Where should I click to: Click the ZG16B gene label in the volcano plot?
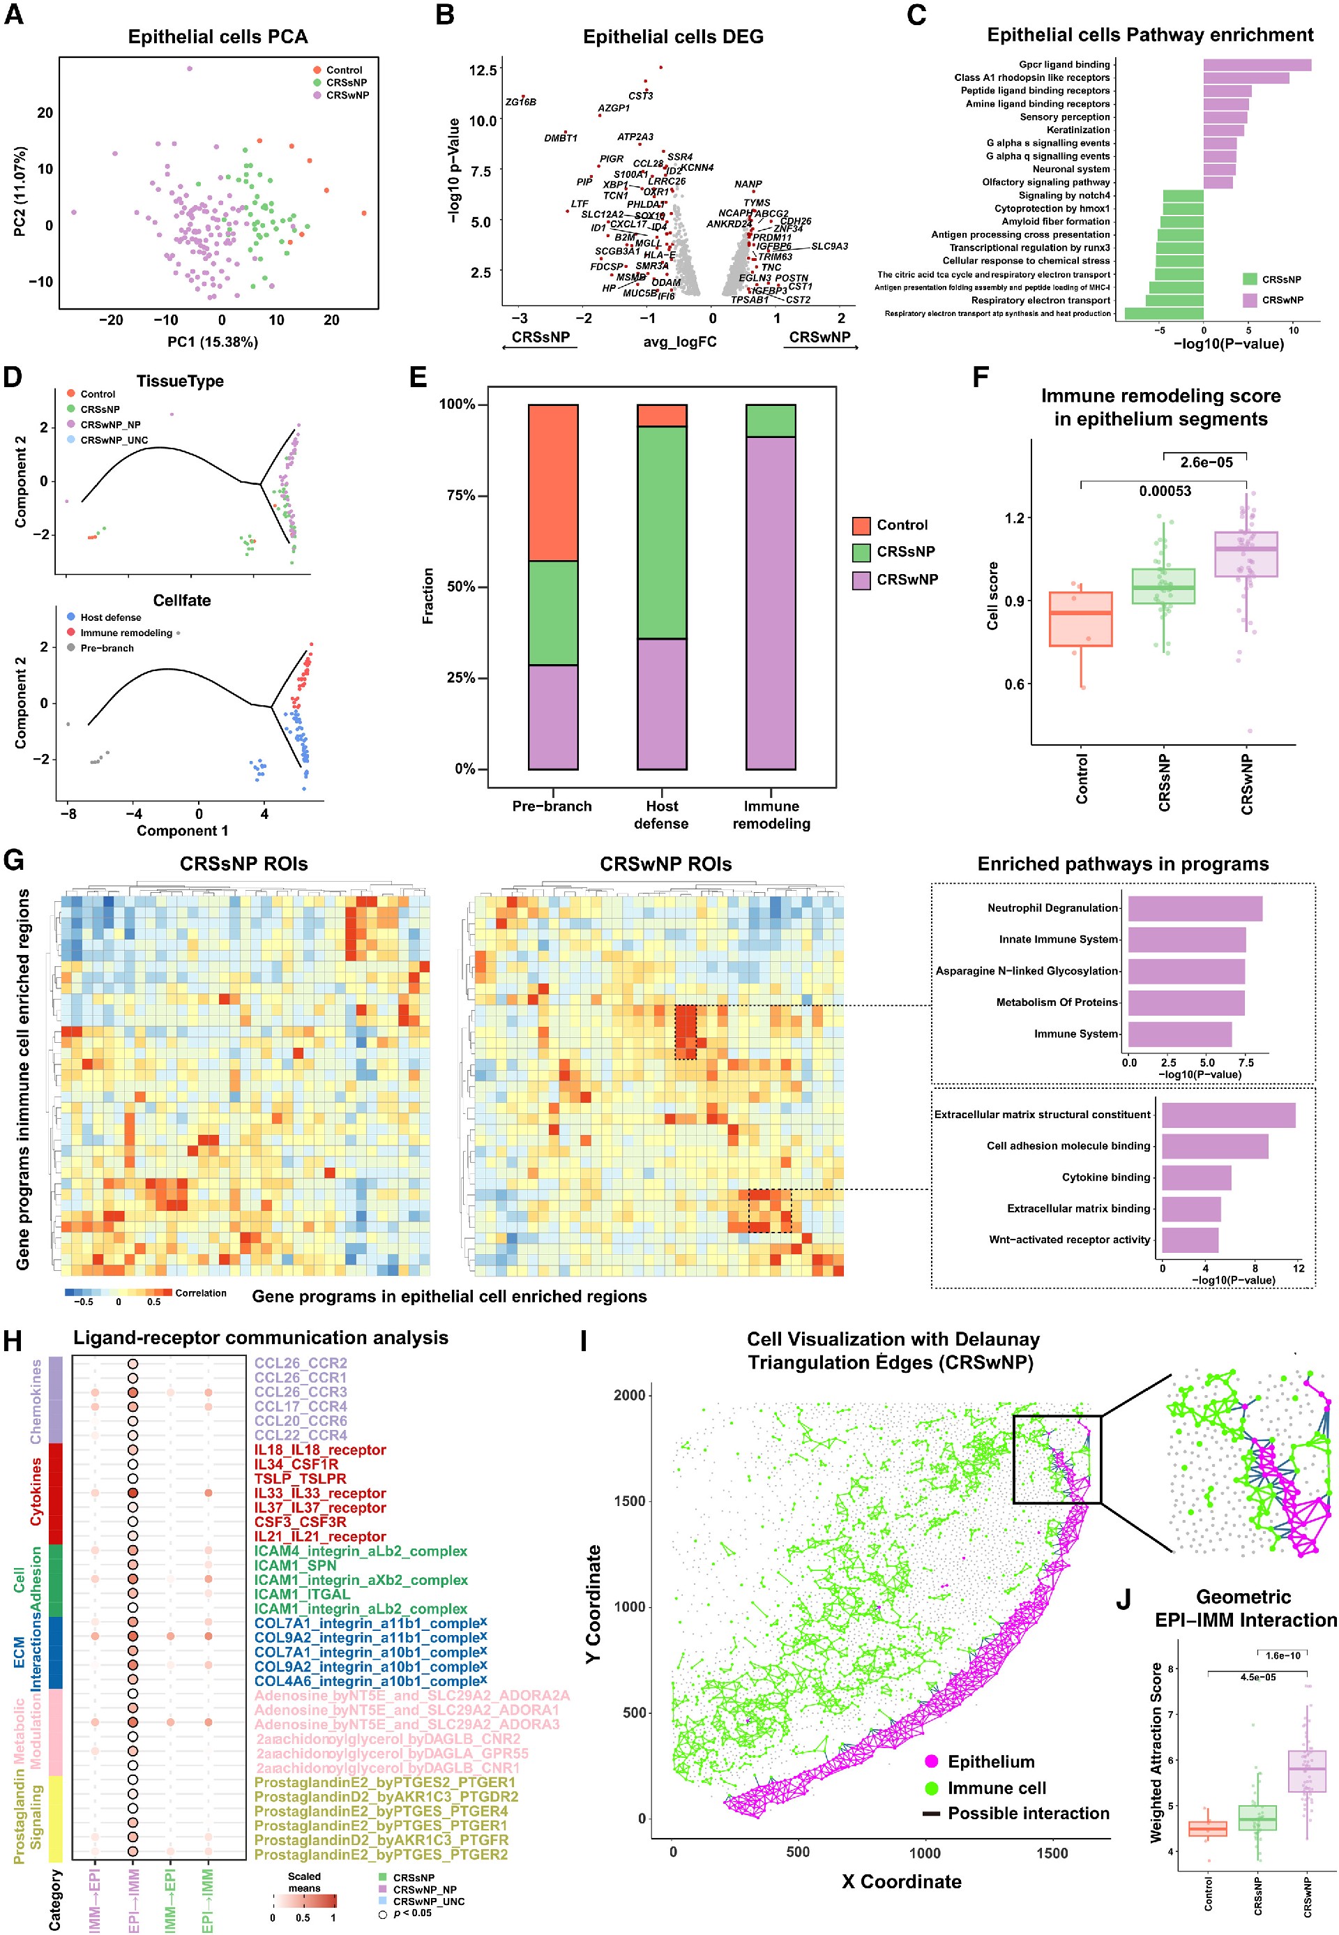(520, 103)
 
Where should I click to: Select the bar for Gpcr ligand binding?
(1256, 65)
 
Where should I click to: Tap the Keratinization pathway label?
(1077, 130)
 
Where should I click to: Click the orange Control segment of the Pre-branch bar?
(553, 483)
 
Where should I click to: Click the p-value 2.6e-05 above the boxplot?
(1206, 462)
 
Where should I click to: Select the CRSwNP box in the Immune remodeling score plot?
(1246, 554)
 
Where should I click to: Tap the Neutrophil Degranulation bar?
(1194, 908)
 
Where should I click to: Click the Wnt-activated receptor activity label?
(1069, 1240)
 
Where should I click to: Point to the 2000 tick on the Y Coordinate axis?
(629, 1396)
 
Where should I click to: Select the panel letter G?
(13, 861)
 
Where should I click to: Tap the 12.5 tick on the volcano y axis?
(483, 70)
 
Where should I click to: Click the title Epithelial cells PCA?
(218, 37)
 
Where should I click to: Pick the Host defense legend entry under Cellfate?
(110, 617)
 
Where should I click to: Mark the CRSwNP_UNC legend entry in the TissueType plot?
(113, 439)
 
